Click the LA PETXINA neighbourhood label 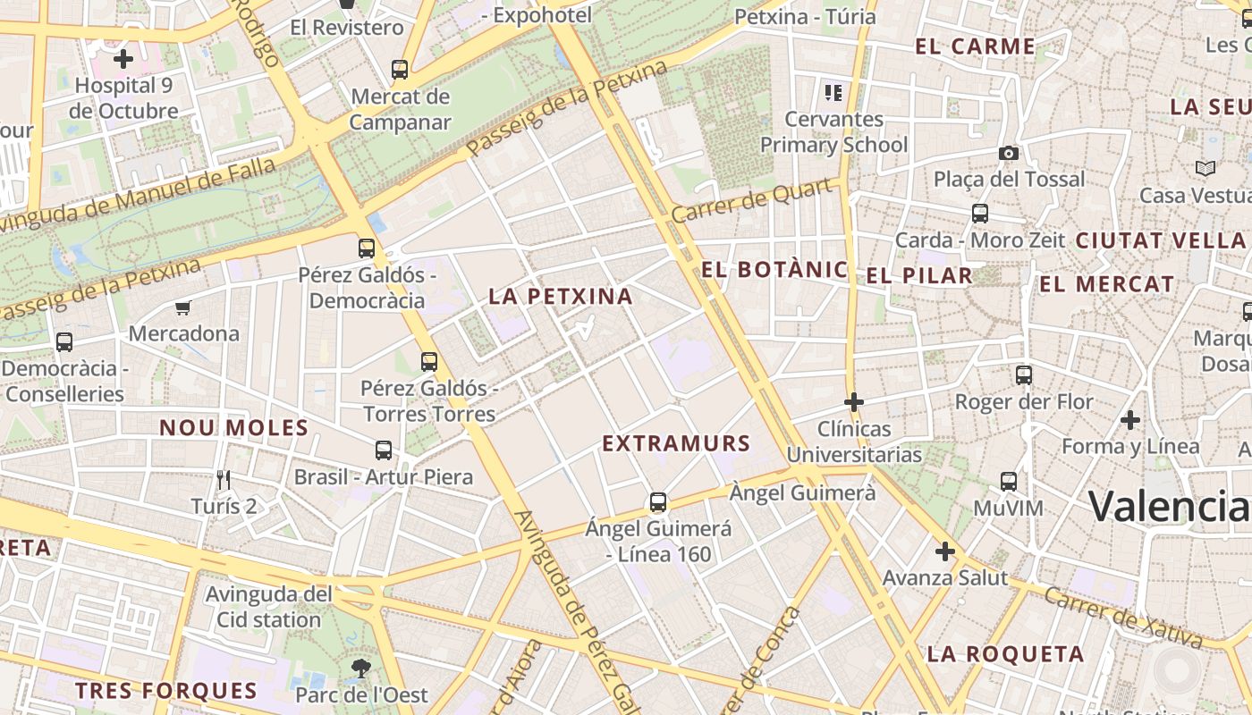coord(561,296)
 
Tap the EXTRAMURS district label coord(676,443)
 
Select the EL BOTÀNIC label coord(775,269)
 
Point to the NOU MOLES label coord(234,428)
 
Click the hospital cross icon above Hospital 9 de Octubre coord(123,60)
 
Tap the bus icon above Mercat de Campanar coord(400,69)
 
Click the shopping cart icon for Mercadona coord(183,308)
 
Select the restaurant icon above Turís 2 coord(224,480)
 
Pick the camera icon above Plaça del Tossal coord(1009,153)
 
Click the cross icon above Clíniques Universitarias coord(854,402)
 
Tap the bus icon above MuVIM coord(1009,482)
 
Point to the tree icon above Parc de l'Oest coord(360,667)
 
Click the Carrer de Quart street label coord(756,201)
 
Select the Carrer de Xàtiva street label coord(1122,616)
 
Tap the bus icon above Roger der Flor coord(1024,375)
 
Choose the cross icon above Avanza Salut coord(944,551)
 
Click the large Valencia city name coord(1168,506)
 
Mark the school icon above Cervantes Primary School coord(833,92)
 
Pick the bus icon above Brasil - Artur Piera coord(384,450)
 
